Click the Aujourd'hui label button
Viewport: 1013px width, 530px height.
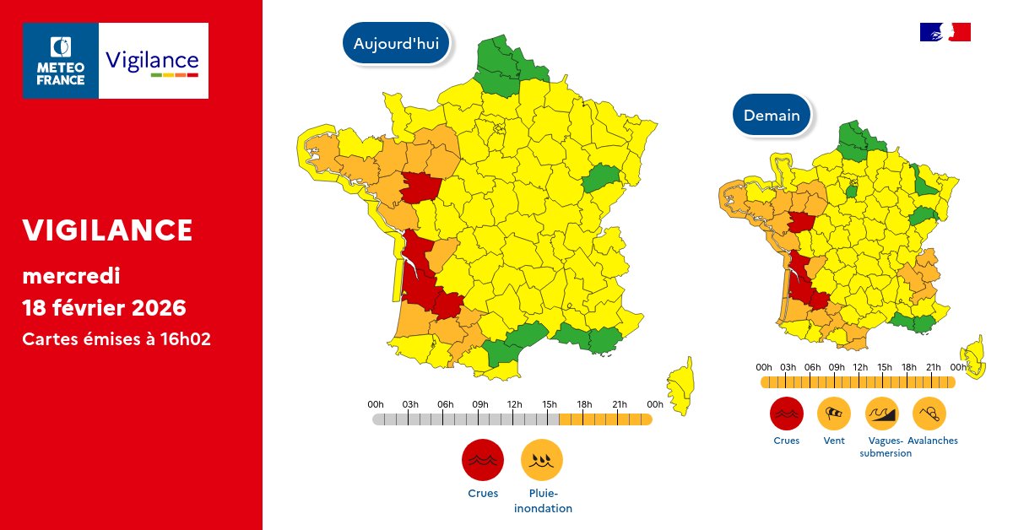(x=396, y=44)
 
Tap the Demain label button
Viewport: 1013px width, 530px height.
(x=772, y=116)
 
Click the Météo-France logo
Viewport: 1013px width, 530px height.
(x=61, y=61)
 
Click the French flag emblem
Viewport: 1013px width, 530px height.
(x=945, y=32)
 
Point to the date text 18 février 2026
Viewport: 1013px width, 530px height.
(x=104, y=307)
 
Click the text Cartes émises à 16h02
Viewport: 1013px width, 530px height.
(x=116, y=339)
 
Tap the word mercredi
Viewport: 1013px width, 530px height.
(x=71, y=276)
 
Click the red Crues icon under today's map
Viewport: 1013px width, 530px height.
(x=483, y=460)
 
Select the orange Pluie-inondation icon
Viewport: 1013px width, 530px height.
(x=542, y=460)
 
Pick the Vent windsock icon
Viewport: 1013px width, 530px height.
(x=833, y=413)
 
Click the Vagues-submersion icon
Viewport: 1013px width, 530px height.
(x=882, y=413)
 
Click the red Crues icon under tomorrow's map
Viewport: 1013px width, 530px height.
(x=786, y=413)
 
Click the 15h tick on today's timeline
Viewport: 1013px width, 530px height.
(x=550, y=419)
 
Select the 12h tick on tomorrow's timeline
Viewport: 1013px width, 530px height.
(x=860, y=381)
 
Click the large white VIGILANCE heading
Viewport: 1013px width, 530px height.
(x=107, y=230)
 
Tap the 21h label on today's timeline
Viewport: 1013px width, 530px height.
(x=620, y=404)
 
